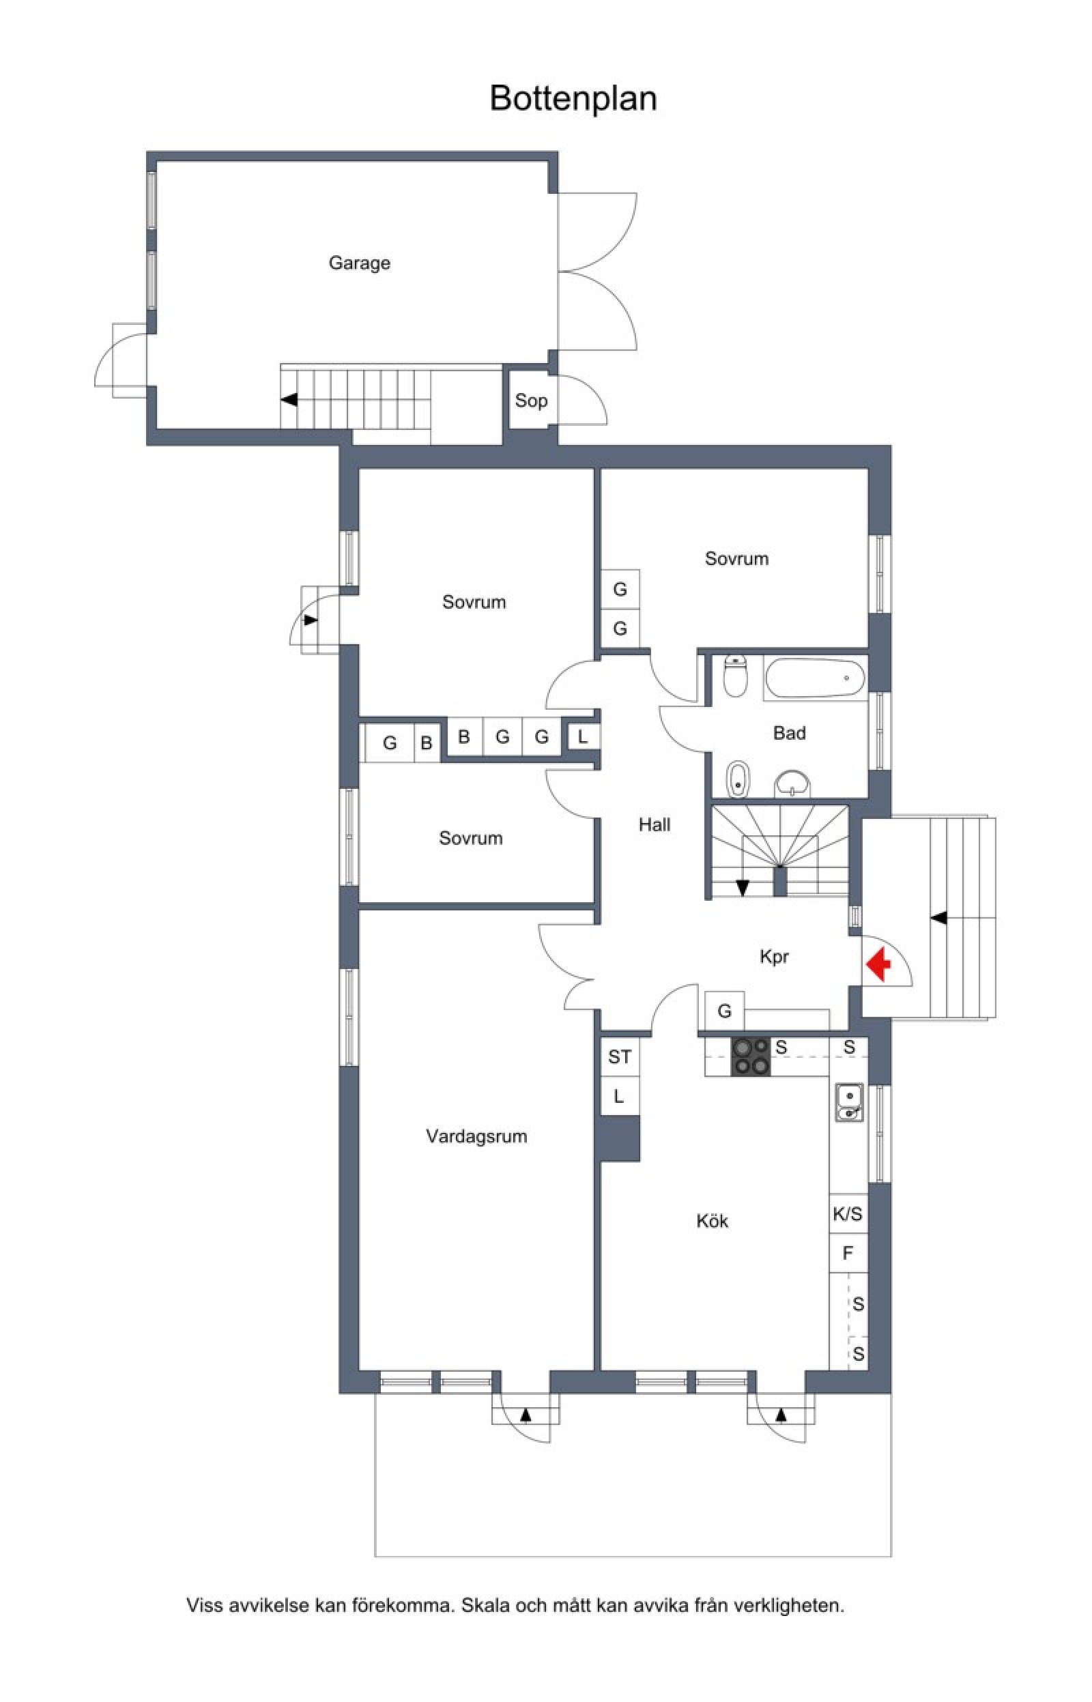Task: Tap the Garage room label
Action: tap(360, 263)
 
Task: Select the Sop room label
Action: tap(531, 401)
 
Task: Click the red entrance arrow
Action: tap(878, 965)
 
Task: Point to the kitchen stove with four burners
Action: tap(751, 1056)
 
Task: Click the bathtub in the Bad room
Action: tap(815, 678)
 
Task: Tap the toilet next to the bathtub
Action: tap(735, 676)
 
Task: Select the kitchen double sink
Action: tap(849, 1102)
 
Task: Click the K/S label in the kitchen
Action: tap(848, 1214)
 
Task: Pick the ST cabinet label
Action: tap(619, 1057)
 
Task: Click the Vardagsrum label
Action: tap(476, 1136)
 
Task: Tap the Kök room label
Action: tap(712, 1221)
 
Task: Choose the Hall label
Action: tap(655, 824)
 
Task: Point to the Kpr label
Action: tap(775, 957)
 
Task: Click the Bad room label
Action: tap(789, 733)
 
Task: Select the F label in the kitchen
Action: tap(848, 1253)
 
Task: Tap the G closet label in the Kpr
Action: tap(724, 1011)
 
